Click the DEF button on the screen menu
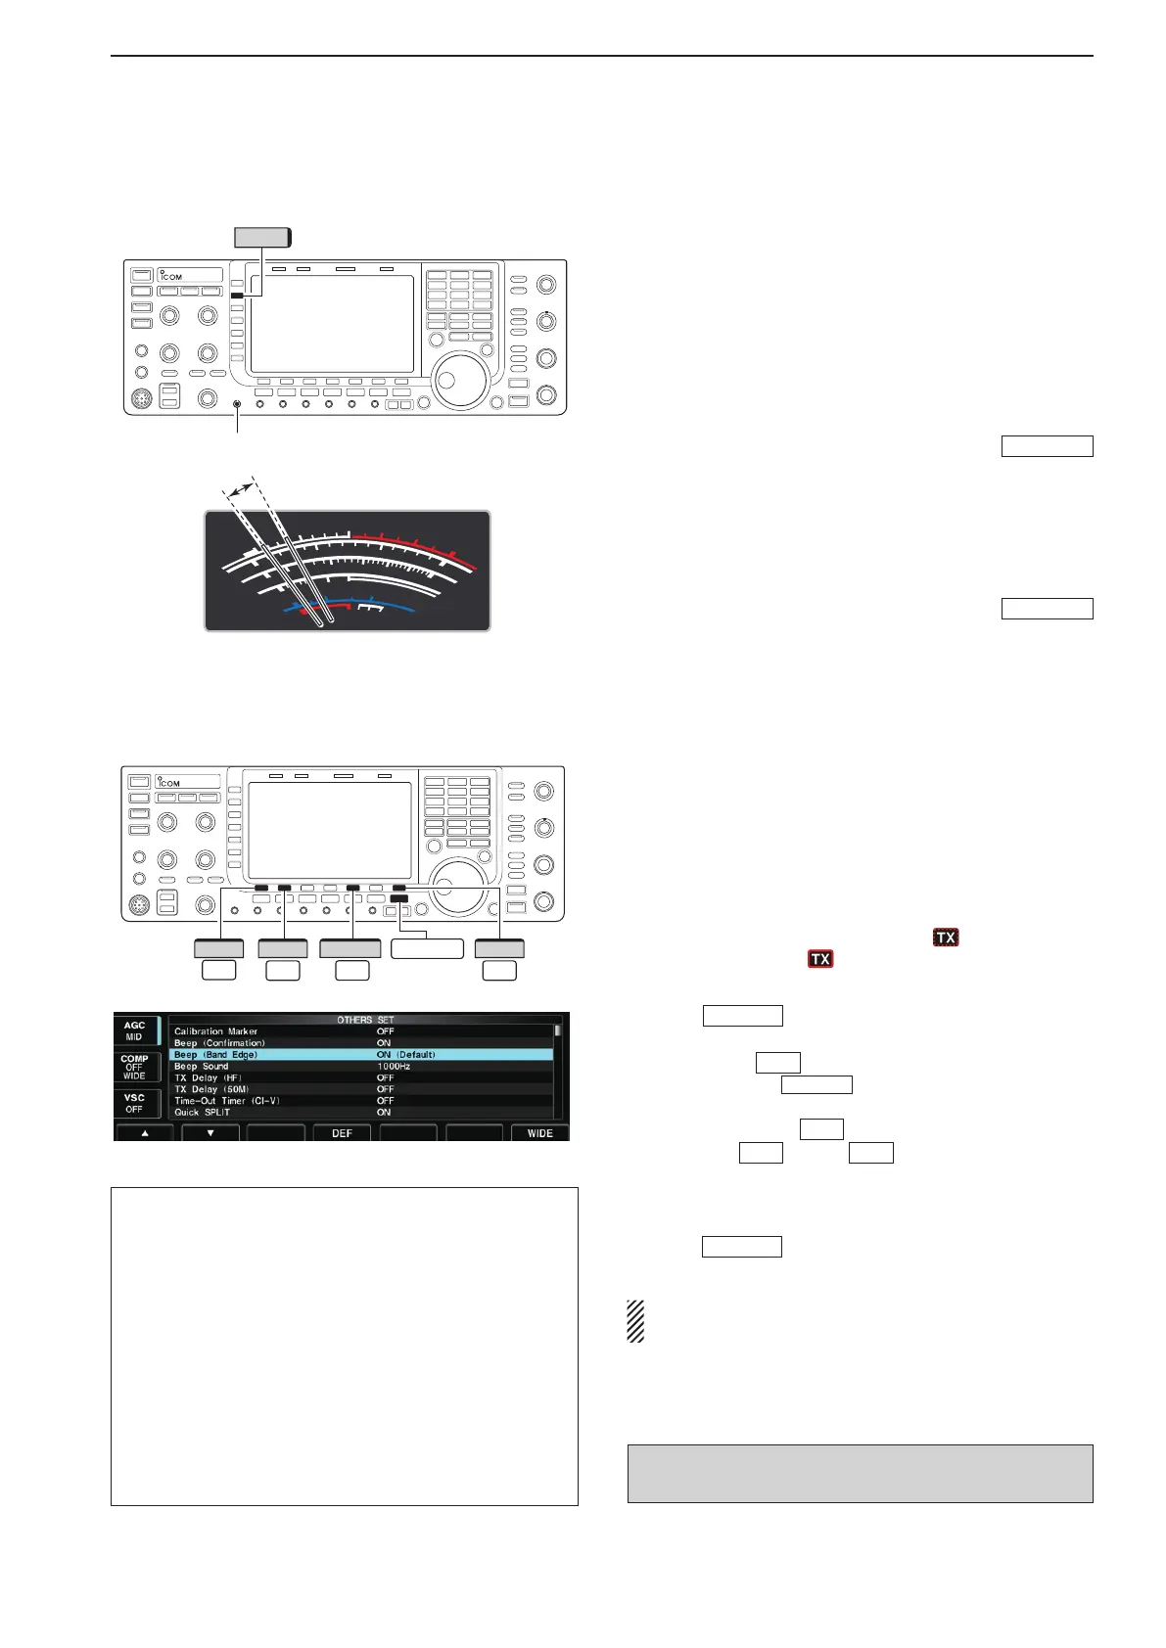pos(342,1133)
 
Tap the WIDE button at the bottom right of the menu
pos(539,1133)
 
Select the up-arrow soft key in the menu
pos(145,1133)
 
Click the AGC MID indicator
pos(134,1030)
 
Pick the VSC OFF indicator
pos(134,1103)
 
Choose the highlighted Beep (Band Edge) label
pos(215,1055)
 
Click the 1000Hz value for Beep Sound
pos(394,1066)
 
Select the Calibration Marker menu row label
pos(215,1031)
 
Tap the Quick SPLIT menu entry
pos(202,1113)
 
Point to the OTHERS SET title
pos(365,1020)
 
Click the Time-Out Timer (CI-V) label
pos(226,1101)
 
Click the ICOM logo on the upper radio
pos(171,275)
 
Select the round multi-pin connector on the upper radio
pos(141,399)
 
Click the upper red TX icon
pos(945,938)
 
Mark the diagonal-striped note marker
pos(635,1321)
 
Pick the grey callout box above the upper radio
pos(262,237)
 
